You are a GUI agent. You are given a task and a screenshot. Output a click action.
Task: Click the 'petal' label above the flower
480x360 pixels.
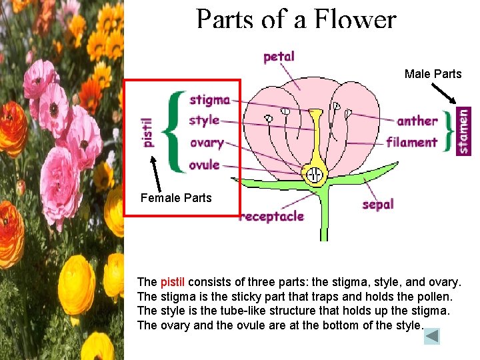click(279, 57)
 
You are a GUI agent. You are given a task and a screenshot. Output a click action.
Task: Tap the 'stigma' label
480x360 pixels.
click(209, 100)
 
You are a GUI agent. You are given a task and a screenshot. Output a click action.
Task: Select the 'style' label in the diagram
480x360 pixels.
click(204, 121)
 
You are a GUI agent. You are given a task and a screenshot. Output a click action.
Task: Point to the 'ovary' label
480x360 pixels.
click(206, 143)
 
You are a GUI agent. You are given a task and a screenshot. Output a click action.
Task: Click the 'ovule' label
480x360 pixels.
click(204, 165)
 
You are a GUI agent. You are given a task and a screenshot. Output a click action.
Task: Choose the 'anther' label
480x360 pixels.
click(417, 121)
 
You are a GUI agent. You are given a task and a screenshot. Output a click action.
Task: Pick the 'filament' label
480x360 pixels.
click(412, 142)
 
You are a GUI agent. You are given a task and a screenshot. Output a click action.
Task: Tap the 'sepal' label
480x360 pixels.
click(378, 204)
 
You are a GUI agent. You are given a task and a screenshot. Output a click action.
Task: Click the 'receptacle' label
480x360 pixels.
click(272, 216)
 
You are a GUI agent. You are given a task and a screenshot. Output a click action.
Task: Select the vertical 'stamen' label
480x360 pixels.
click(463, 131)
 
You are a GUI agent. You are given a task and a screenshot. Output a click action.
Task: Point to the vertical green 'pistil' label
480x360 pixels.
click(148, 132)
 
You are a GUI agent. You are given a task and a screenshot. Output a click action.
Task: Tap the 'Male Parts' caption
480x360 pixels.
click(433, 74)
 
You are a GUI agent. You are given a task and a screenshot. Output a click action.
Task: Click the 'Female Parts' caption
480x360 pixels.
click(176, 198)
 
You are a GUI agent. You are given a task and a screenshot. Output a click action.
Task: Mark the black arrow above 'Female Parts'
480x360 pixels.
click(157, 174)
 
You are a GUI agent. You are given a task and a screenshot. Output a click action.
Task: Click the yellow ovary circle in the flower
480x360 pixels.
click(313, 176)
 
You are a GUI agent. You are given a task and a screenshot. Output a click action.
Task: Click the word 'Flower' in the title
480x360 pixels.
click(357, 20)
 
